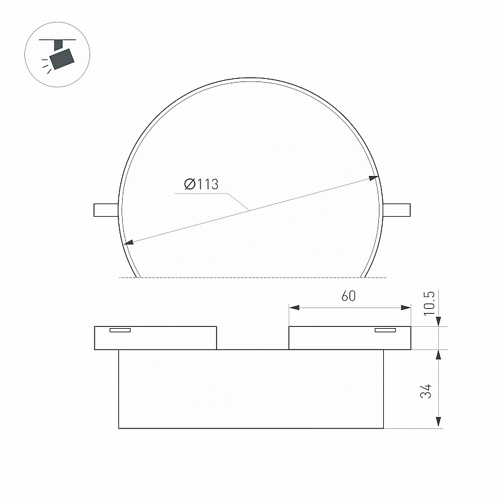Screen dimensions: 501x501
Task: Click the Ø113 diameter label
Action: [x=201, y=184]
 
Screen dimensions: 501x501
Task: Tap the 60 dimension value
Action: [x=348, y=296]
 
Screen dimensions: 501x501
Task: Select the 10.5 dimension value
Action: [x=430, y=303]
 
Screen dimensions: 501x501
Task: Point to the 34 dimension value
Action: [x=426, y=391]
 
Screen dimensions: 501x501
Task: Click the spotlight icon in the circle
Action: [x=58, y=54]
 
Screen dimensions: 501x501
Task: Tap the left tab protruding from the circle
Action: [x=106, y=210]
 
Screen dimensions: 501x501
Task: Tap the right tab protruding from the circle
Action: [x=396, y=210]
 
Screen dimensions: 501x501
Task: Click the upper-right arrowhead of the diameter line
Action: [x=373, y=178]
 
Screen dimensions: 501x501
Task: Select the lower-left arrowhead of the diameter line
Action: [x=129, y=242]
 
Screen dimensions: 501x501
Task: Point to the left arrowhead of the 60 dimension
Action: [x=294, y=307]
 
